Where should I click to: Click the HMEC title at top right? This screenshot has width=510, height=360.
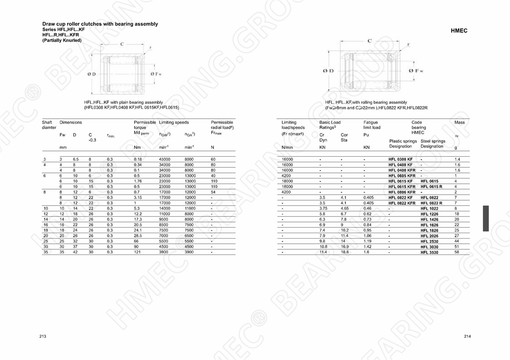coord(459,31)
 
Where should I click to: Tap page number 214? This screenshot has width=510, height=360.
coord(467,336)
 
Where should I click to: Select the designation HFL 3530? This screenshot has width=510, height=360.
coord(429,252)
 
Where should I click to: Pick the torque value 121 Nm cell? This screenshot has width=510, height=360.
coord(137,252)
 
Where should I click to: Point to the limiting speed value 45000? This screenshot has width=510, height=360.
coord(165,159)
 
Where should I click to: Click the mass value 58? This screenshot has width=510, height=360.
coord(457,252)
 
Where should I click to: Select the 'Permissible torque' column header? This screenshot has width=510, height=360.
coord(145,125)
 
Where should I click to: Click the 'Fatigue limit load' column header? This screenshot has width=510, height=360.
coord(372,125)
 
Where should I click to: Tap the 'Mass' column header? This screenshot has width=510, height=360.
coord(459,122)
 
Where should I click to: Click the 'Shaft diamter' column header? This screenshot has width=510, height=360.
coord(49,125)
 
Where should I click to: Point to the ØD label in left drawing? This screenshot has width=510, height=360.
coord(91,74)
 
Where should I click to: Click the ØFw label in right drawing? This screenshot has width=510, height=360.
coord(416,70)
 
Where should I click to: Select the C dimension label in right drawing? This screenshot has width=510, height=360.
coord(369,41)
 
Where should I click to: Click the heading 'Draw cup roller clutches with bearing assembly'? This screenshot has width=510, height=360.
coord(100,24)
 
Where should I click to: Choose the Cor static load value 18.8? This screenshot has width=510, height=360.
coord(344,252)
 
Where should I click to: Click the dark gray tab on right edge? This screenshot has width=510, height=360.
coord(485,218)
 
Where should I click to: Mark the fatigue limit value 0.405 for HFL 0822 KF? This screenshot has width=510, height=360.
coord(369,197)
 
